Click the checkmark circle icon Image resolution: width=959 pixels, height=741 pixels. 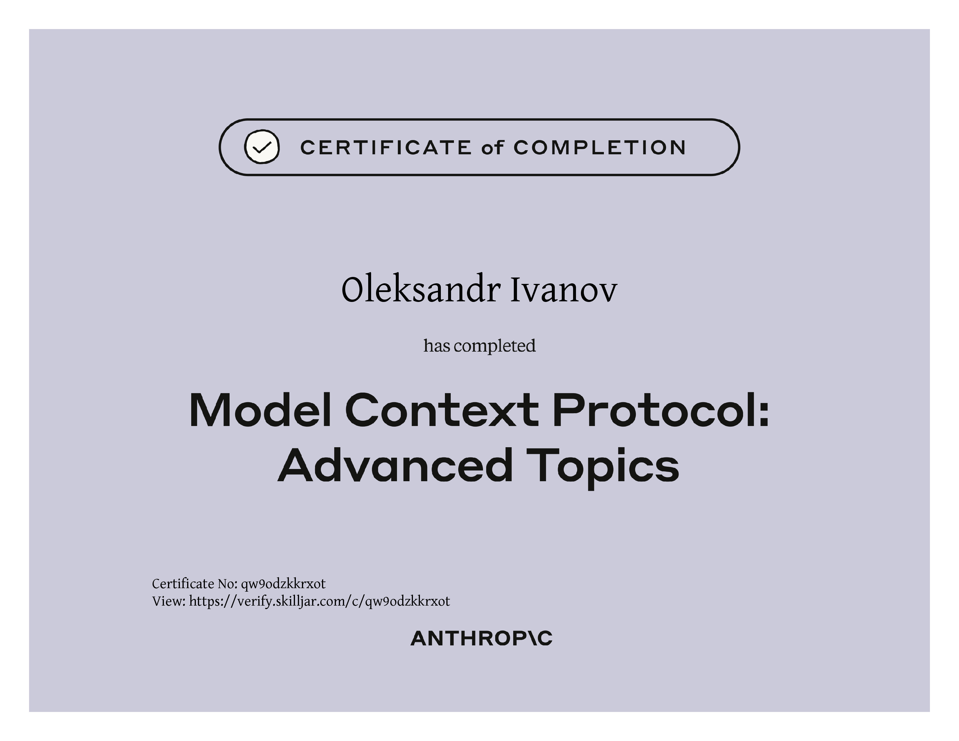262,147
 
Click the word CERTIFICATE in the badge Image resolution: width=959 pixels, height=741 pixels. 386,148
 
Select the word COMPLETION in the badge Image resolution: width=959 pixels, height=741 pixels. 600,148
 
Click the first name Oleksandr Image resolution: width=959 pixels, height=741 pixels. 421,290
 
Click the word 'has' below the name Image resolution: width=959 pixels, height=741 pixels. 437,346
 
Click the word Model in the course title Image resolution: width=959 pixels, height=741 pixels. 260,410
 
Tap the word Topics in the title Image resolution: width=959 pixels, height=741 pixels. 602,468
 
